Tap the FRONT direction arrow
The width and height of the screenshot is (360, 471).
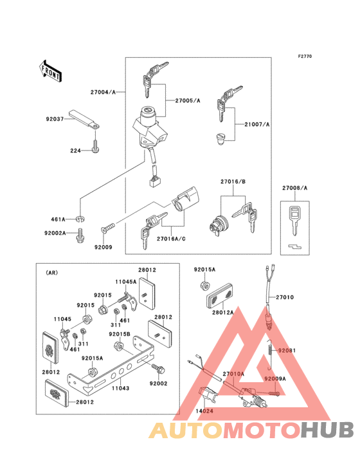(x=51, y=70)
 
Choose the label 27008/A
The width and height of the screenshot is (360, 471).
(x=295, y=189)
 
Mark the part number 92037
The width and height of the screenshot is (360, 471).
(x=55, y=118)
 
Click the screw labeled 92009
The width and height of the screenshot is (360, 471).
(x=107, y=228)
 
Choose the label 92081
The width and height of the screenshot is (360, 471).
(x=287, y=351)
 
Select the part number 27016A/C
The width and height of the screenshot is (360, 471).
(x=170, y=237)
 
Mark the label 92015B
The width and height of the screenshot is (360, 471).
(x=119, y=334)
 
